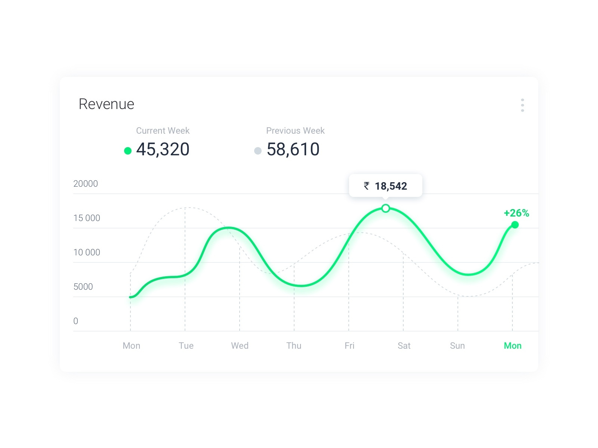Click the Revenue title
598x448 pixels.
[x=106, y=104]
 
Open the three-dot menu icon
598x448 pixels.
[x=522, y=105]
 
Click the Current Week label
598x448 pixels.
[x=163, y=131]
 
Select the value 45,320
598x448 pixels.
[x=163, y=149]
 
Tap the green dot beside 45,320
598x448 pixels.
[x=128, y=151]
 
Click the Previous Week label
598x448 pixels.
[x=295, y=131]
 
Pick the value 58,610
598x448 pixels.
[x=293, y=149]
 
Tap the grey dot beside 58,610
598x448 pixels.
[x=258, y=151]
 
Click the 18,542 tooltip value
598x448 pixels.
[x=391, y=186]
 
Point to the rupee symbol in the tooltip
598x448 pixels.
[x=367, y=186]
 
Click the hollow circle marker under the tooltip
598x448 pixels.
[x=386, y=208]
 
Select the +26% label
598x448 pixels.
[x=516, y=213]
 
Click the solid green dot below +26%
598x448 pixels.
[x=515, y=225]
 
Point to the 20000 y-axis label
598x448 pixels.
[x=86, y=184]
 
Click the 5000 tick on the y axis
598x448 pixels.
[x=83, y=287]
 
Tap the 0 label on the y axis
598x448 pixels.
[x=76, y=321]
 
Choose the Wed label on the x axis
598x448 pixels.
[x=240, y=346]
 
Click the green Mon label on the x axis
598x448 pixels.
[x=512, y=346]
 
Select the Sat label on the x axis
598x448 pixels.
[x=404, y=346]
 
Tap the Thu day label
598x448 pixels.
[x=294, y=346]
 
